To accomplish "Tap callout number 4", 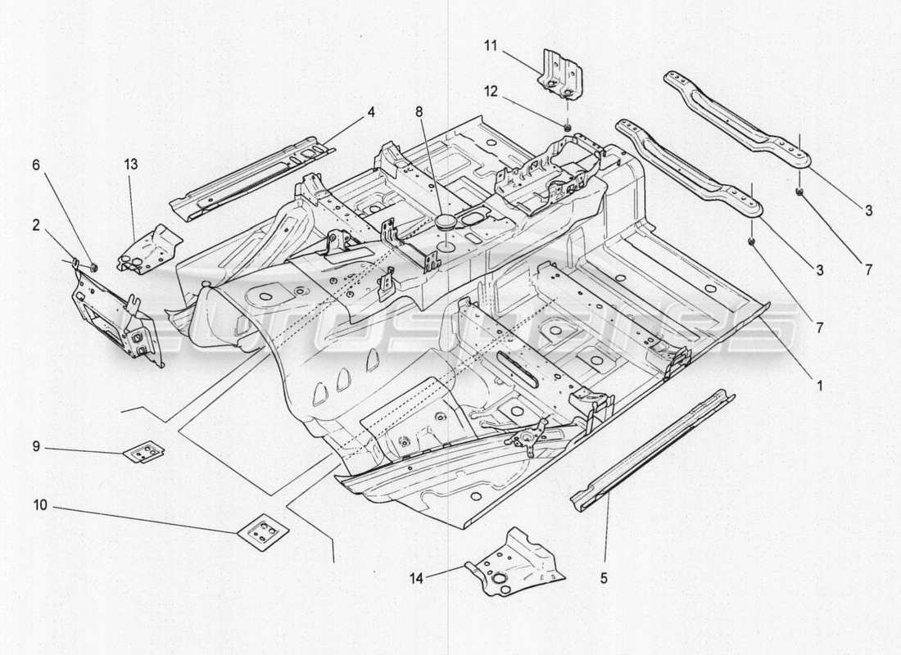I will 371,111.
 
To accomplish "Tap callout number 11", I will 491,45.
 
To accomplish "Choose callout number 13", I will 132,164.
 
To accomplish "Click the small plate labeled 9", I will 143,451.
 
